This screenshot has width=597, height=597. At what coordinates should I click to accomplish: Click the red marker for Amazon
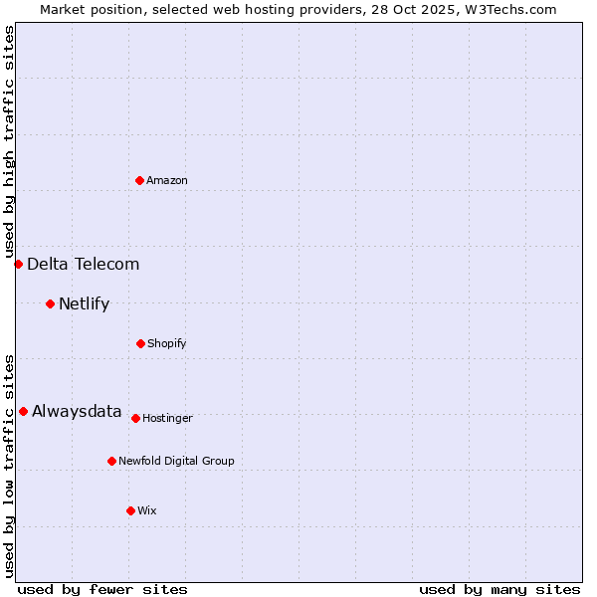click(x=139, y=180)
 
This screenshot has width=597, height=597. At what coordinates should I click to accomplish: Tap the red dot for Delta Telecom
click(x=18, y=264)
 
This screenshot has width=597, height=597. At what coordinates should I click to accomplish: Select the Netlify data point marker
click(x=50, y=303)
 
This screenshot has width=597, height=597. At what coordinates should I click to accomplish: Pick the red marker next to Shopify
click(x=140, y=343)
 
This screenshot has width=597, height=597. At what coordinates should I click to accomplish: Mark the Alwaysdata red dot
click(x=23, y=411)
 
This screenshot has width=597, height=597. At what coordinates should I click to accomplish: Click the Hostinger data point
click(x=135, y=418)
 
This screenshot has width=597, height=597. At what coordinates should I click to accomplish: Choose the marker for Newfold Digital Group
click(x=111, y=461)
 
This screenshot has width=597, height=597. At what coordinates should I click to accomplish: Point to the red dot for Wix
click(x=130, y=510)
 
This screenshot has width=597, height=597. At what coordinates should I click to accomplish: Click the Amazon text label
click(x=167, y=180)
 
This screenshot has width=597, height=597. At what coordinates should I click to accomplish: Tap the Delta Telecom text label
click(x=83, y=264)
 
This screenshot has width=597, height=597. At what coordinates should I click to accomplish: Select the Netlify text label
click(x=84, y=303)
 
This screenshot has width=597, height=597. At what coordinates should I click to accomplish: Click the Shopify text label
click(x=166, y=343)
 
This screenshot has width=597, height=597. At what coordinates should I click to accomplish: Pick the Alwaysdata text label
click(x=77, y=411)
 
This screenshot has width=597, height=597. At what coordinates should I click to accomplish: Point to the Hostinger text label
click(x=167, y=418)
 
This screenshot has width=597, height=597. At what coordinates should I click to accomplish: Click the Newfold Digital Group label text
click(x=176, y=461)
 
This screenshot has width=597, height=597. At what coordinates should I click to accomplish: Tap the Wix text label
click(x=147, y=510)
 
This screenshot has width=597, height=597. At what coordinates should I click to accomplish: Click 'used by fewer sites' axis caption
click(x=102, y=589)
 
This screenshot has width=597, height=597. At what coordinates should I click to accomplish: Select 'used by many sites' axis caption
click(x=499, y=589)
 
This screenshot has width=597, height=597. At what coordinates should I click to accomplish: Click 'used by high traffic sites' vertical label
click(x=9, y=141)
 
